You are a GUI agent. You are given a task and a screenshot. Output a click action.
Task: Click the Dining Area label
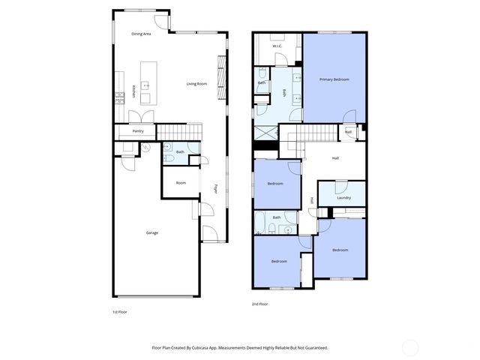(x=142, y=34)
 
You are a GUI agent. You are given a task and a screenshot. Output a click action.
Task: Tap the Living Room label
(x=196, y=84)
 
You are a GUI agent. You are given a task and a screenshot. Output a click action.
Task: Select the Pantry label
(x=138, y=131)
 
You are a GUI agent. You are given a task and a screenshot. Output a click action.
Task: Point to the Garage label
(x=152, y=232)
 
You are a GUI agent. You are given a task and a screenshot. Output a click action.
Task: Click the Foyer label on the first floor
(x=215, y=189)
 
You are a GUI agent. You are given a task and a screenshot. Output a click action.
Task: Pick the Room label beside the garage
(x=181, y=183)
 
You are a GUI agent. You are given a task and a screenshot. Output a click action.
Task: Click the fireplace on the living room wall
(x=220, y=75)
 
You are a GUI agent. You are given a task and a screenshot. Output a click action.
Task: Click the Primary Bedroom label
(x=334, y=79)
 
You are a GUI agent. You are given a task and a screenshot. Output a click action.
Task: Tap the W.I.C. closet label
(x=277, y=46)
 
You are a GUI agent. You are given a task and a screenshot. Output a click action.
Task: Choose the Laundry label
(x=343, y=198)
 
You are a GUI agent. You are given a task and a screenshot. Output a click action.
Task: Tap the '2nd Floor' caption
(x=259, y=304)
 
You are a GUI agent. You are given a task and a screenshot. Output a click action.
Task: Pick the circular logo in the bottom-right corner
(x=410, y=347)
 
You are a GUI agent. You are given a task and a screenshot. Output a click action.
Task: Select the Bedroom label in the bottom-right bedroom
(x=340, y=250)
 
